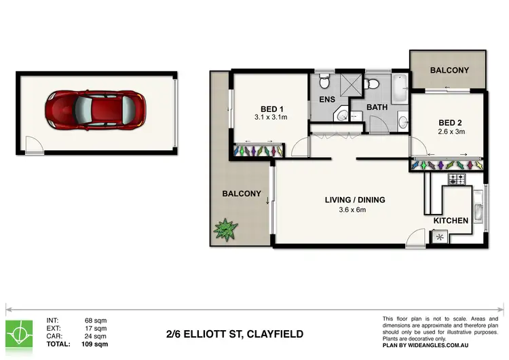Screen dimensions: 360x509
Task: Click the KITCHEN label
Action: (x=451, y=221)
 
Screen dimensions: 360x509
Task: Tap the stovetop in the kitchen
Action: (x=457, y=180)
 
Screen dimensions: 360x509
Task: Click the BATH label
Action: (x=377, y=107)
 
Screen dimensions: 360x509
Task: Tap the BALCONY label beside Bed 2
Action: (x=449, y=70)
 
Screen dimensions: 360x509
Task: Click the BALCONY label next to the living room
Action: (x=242, y=194)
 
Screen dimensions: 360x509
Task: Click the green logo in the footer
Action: (x=22, y=331)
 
